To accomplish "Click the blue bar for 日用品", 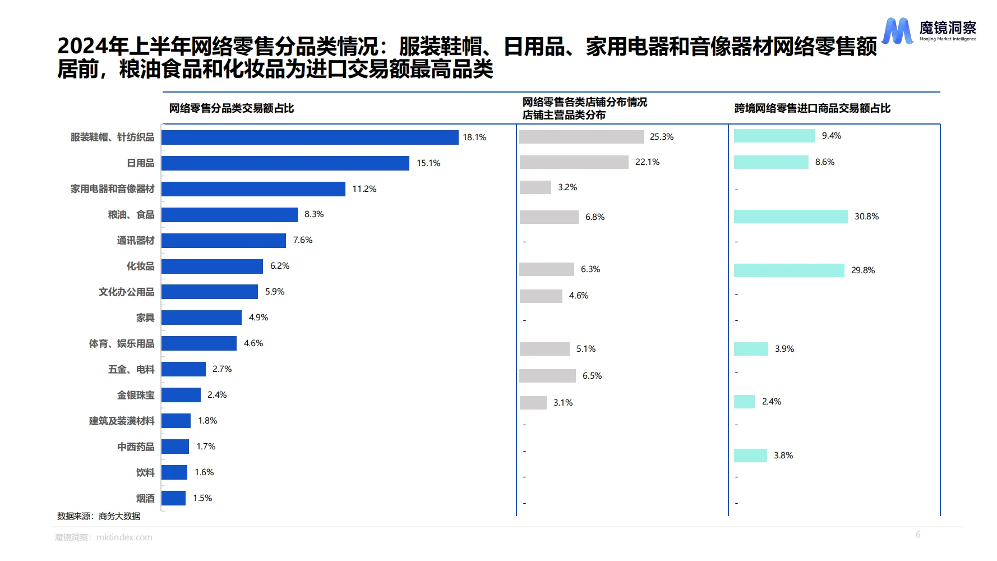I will pos(285,163).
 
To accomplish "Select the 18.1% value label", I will pos(474,137).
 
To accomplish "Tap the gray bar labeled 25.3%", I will pos(581,137).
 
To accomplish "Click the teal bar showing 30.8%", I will pos(791,217).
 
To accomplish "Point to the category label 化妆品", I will pos(140,266).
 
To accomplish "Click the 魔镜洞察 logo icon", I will pos(897,30).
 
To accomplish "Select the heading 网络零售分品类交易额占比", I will pos(232,108).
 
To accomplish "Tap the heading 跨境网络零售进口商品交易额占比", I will pos(812,108).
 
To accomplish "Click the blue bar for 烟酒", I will pos(173,498).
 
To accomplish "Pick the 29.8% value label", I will pos(862,270).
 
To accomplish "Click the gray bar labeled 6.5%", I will pos(547,376).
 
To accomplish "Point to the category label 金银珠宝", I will pos(136,396).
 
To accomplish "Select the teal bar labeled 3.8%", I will pos(750,456).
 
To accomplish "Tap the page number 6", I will pos(918,535).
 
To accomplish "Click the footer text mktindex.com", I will pos(124,537).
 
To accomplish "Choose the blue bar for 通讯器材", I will pos(224,241).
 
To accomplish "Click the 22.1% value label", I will pos(647,162).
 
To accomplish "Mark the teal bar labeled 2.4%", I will pos(744,402).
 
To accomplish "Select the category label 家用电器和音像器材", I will pos(112,189).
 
